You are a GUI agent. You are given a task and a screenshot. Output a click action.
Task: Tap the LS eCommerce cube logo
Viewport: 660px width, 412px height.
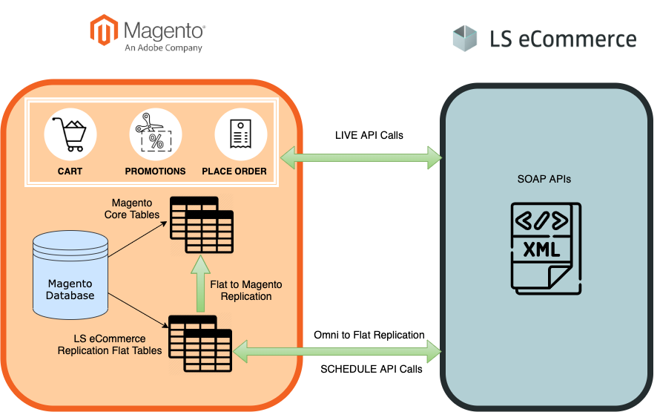[x=466, y=38]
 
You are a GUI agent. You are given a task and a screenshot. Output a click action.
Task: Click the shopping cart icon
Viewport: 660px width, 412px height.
[x=70, y=134]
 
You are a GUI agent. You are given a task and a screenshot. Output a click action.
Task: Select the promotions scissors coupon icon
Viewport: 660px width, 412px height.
[x=155, y=134]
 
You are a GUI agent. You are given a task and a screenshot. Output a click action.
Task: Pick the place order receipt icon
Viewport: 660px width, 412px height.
[x=240, y=134]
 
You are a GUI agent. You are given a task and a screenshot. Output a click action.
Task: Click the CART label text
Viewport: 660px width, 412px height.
[x=70, y=171]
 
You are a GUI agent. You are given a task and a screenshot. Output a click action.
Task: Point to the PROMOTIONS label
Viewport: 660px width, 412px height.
[x=155, y=171]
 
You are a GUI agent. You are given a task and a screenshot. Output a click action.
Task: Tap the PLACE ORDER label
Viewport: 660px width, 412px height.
[x=234, y=171]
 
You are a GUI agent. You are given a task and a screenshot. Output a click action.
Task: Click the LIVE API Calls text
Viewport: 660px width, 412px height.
[x=369, y=135]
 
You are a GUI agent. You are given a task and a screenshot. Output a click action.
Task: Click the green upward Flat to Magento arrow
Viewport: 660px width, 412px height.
[x=199, y=282]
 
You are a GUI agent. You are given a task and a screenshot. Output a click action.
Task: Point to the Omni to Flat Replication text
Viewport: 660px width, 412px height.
[x=369, y=335]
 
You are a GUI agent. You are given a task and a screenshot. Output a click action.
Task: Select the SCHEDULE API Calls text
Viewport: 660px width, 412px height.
[x=371, y=369]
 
